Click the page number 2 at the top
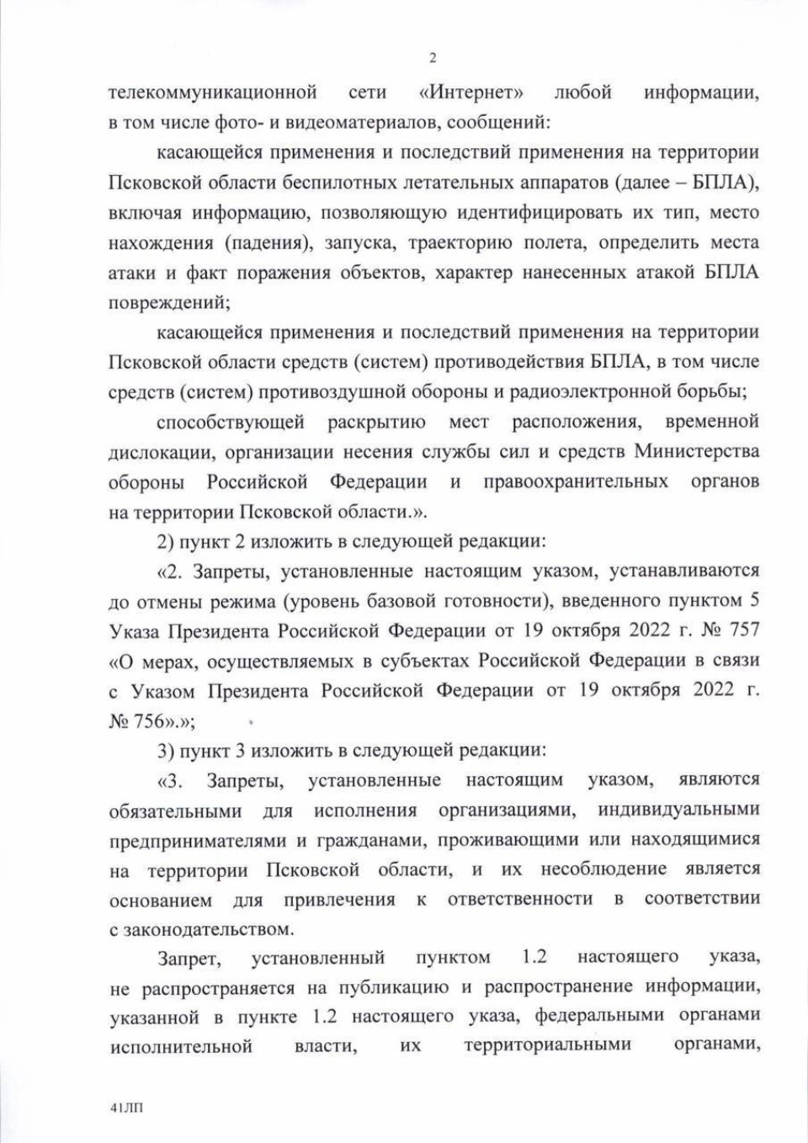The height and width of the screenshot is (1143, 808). tap(433, 58)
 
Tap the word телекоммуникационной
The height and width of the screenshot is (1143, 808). tap(212, 92)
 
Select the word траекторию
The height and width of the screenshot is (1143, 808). tap(460, 242)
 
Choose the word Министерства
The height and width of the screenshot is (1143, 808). tap(696, 451)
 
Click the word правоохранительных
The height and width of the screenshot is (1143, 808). tap(576, 481)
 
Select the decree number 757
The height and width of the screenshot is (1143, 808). tap(741, 630)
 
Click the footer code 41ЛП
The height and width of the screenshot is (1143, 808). tap(126, 1108)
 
